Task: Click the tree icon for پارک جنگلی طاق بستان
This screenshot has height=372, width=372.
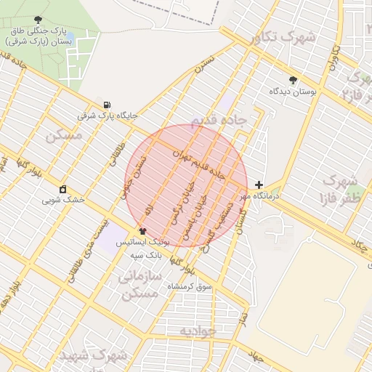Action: [x=39, y=20]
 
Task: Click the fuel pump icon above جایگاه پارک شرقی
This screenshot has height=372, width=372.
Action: [x=108, y=105]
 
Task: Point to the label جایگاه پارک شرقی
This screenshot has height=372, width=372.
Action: [x=108, y=116]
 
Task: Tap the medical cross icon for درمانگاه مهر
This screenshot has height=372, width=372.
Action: [x=259, y=185]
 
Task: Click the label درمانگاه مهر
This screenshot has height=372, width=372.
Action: [x=266, y=196]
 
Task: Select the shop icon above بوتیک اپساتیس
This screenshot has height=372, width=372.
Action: [x=142, y=231]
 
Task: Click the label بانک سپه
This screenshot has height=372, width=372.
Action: [x=145, y=255]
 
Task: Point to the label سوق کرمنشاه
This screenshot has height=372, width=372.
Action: [x=190, y=287]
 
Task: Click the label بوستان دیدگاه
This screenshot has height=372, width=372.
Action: [x=293, y=92]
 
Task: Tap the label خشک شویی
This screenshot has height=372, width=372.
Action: [x=63, y=199]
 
